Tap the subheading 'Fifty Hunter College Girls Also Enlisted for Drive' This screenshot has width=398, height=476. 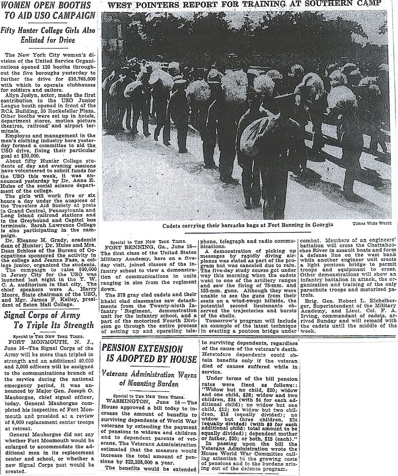pyautogui.click(x=49, y=36)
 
